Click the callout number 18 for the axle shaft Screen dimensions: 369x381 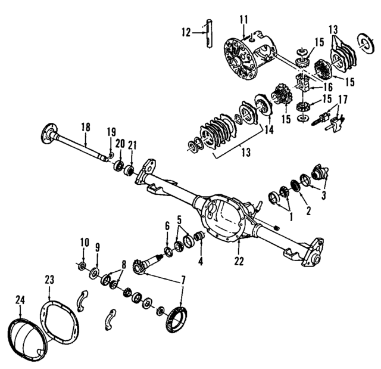86,126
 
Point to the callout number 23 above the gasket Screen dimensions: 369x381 49,279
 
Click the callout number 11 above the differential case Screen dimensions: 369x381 243,20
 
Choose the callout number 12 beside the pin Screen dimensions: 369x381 186,31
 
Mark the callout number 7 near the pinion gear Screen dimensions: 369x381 183,280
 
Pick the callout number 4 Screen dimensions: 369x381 200,260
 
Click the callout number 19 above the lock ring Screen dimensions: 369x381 111,132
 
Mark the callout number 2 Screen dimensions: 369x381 308,210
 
